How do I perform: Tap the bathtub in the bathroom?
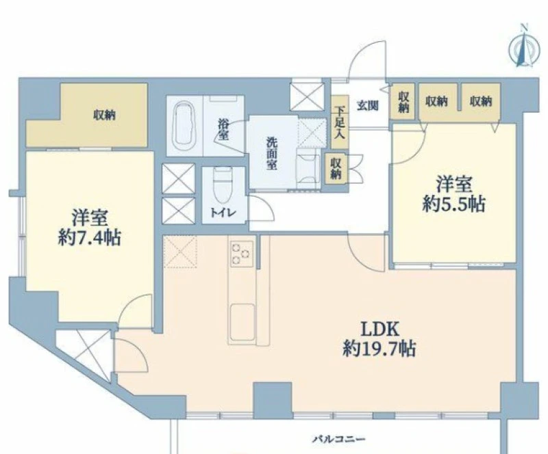tap(185, 126)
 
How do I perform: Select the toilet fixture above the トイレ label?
tap(223, 185)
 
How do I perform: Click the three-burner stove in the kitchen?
tap(242, 254)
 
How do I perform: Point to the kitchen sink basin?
tap(242, 322)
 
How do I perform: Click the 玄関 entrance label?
tap(367, 105)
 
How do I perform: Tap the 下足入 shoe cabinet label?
tap(339, 122)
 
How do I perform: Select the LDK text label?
tap(379, 329)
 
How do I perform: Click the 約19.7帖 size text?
tap(379, 348)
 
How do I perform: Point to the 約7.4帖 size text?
tap(90, 238)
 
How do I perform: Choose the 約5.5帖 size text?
tap(453, 204)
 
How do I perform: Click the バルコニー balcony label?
tap(338, 439)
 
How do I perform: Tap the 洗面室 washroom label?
tap(271, 153)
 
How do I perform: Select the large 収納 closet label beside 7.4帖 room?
tap(105, 115)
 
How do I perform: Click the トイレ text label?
tap(223, 213)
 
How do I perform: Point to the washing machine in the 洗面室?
tap(308, 168)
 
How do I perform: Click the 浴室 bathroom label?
tap(223, 129)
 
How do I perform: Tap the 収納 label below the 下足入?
tap(336, 168)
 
